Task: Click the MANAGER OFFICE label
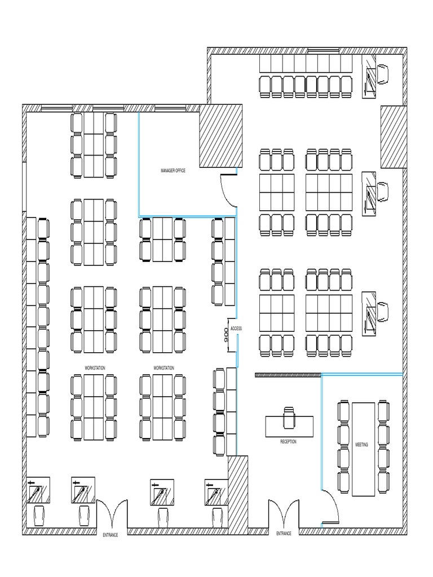click(x=173, y=171)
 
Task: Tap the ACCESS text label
click(x=236, y=328)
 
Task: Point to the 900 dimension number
click(x=226, y=336)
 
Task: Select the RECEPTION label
click(x=288, y=442)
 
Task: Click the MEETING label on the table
click(x=361, y=445)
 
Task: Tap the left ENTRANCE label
click(x=111, y=535)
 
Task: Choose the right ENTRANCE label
click(x=284, y=533)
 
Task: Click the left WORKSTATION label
click(x=95, y=368)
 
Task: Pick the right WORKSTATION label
click(x=164, y=368)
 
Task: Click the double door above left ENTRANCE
click(x=112, y=514)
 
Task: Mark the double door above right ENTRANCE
click(x=283, y=514)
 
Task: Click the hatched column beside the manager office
click(x=221, y=136)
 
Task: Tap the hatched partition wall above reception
click(x=288, y=375)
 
